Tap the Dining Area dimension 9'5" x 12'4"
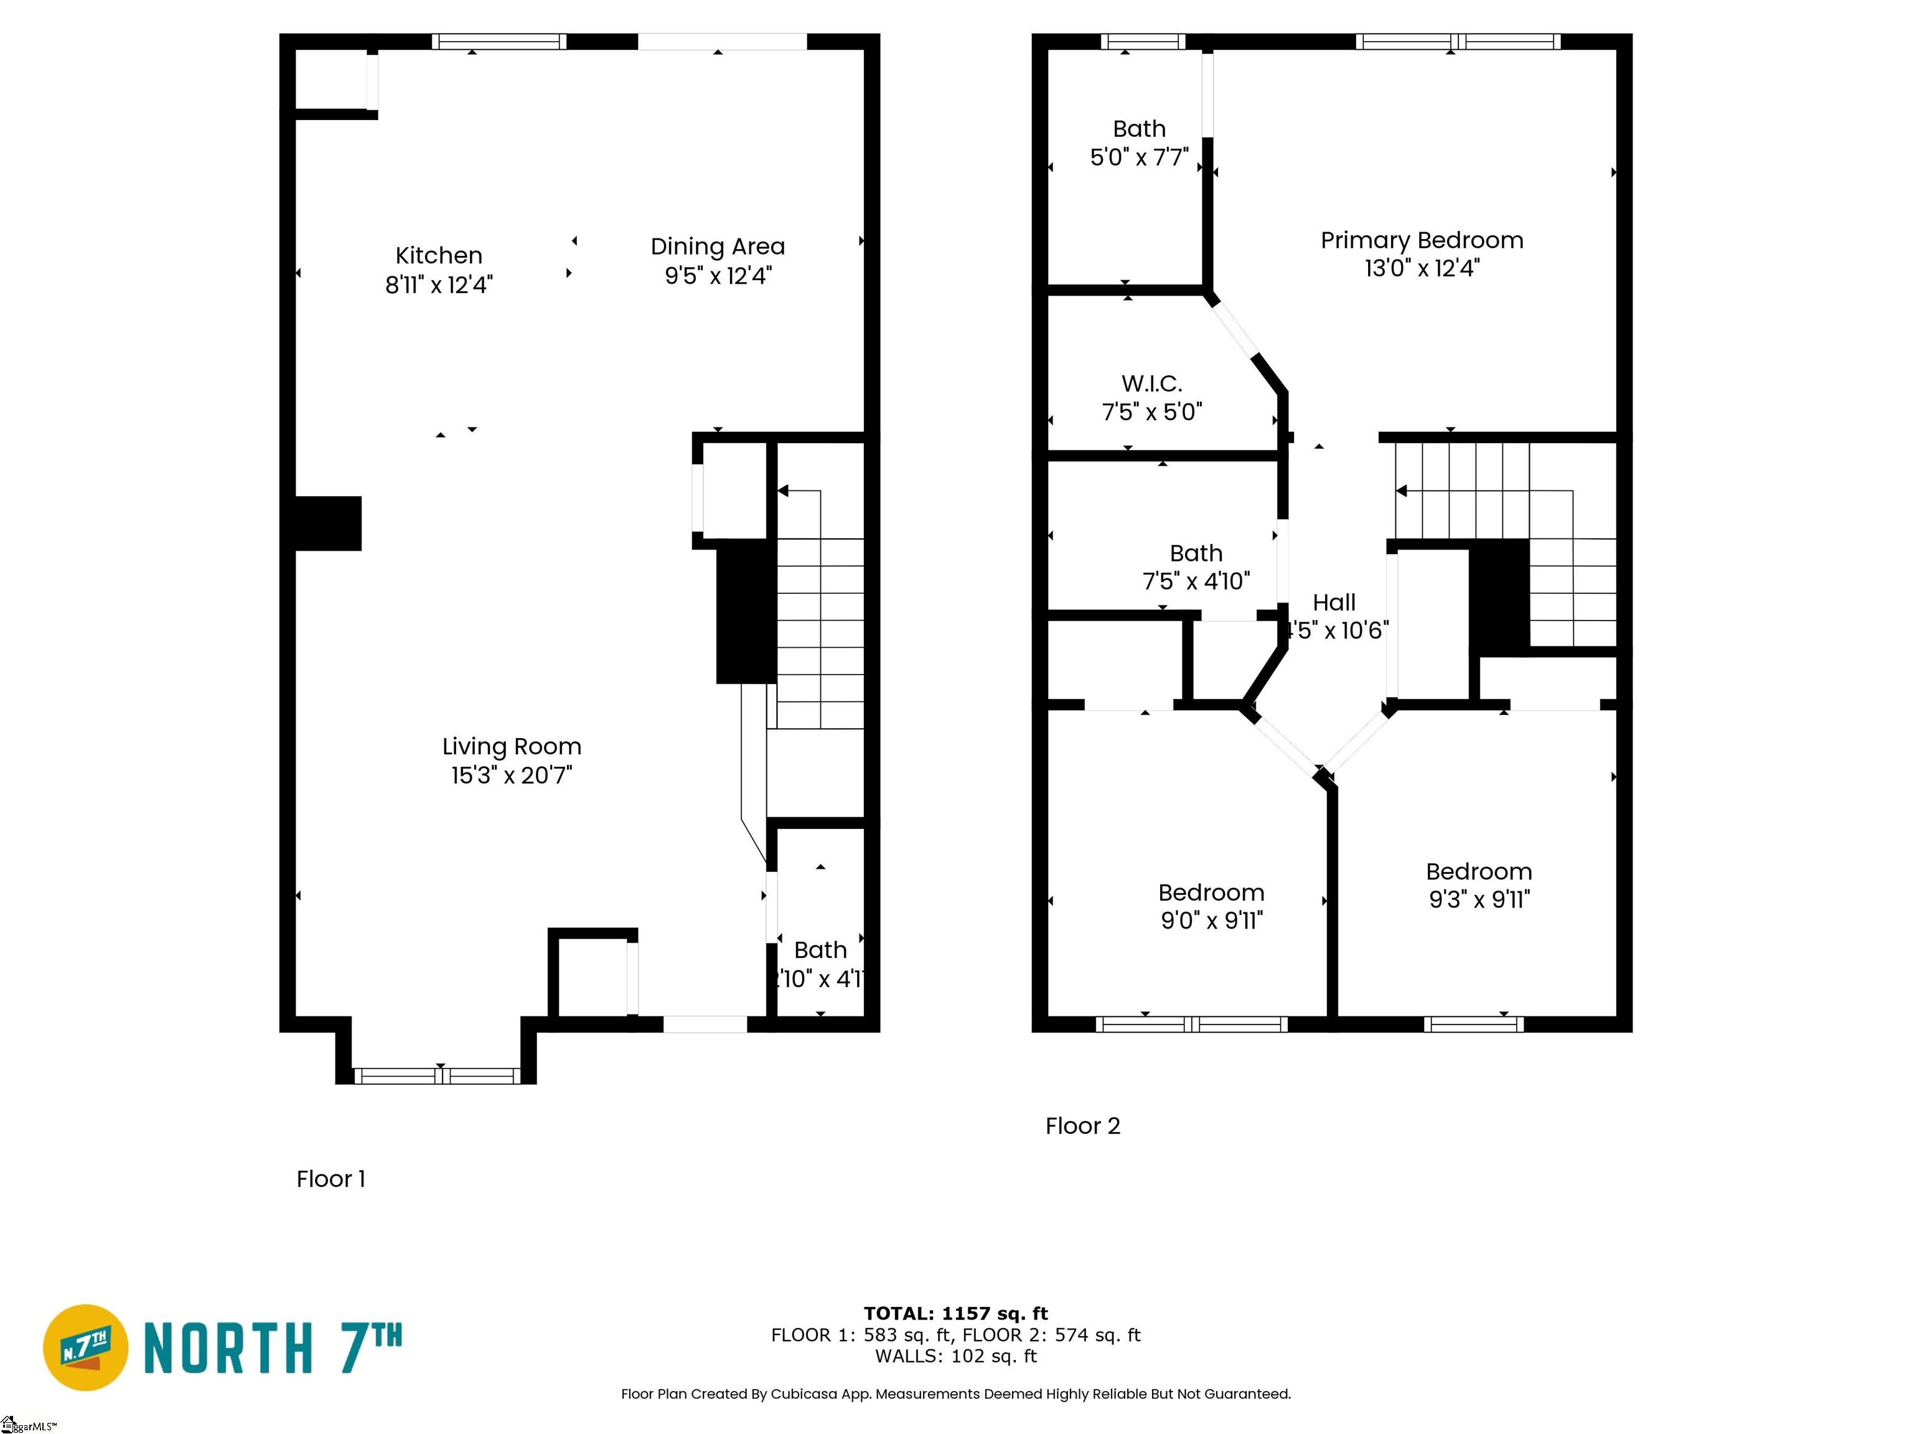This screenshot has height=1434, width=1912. coord(718,276)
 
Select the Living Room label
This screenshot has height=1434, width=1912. coord(511,747)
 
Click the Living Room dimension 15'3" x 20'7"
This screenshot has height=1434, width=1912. coord(511,776)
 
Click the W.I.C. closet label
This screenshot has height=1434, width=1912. coord(1151,384)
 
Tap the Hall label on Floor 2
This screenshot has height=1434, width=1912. coord(1334,602)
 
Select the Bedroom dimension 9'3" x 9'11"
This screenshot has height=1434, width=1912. coord(1479,900)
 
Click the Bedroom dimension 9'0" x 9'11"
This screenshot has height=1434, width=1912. coord(1211,921)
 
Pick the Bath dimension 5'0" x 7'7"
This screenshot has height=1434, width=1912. coord(1138,157)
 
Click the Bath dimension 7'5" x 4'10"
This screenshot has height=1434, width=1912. coord(1196,582)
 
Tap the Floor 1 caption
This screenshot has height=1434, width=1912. coord(330,1179)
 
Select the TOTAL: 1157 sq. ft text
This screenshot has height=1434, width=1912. coord(955,1314)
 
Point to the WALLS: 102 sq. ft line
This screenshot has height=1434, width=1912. coord(955,1356)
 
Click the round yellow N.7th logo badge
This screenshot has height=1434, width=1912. coord(85,1347)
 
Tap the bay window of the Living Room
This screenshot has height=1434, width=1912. coord(438,1075)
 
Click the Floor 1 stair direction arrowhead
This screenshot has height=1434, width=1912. coord(783,491)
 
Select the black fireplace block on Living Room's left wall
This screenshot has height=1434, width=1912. coord(327,523)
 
